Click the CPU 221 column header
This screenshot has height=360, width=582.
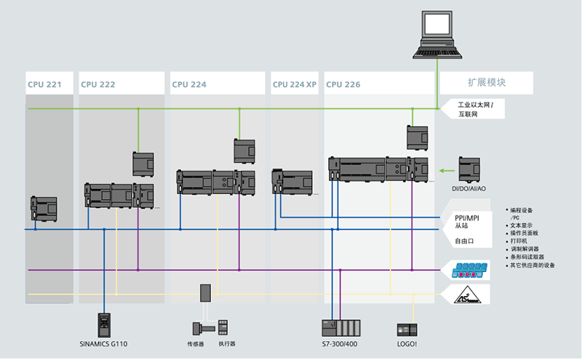pyautogui.click(x=44, y=84)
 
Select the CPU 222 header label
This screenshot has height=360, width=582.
pyautogui.click(x=97, y=84)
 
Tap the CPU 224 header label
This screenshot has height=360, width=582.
pyautogui.click(x=189, y=84)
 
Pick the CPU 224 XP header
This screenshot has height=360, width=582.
pyautogui.click(x=295, y=84)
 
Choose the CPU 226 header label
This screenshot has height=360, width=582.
pyautogui.click(x=343, y=84)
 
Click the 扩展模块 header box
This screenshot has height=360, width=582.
pyautogui.click(x=487, y=83)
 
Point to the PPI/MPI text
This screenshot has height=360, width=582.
pyautogui.click(x=469, y=217)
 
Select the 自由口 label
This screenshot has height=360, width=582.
pyautogui.click(x=466, y=241)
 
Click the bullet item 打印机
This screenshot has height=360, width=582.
pyautogui.click(x=526, y=240)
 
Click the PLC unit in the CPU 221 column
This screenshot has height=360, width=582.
pyautogui.click(x=43, y=208)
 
